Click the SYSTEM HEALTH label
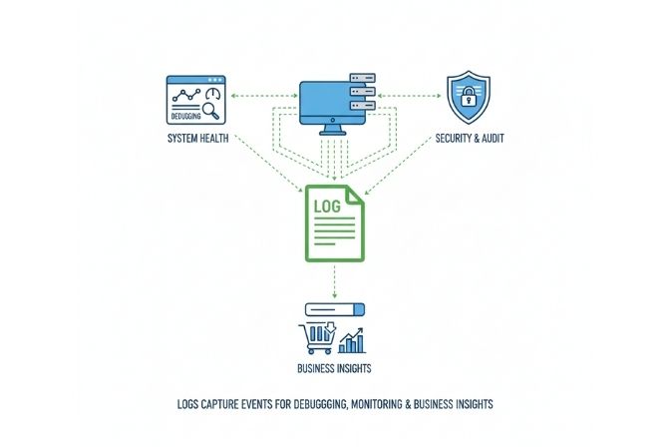point(197,138)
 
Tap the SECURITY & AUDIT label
point(471,138)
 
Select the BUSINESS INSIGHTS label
point(334,370)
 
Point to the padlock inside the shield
point(468,97)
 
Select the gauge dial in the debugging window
point(212,92)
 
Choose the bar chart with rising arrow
point(353,340)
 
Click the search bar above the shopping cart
point(333,309)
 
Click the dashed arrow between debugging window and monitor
point(263,97)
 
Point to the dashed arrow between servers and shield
point(410,97)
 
